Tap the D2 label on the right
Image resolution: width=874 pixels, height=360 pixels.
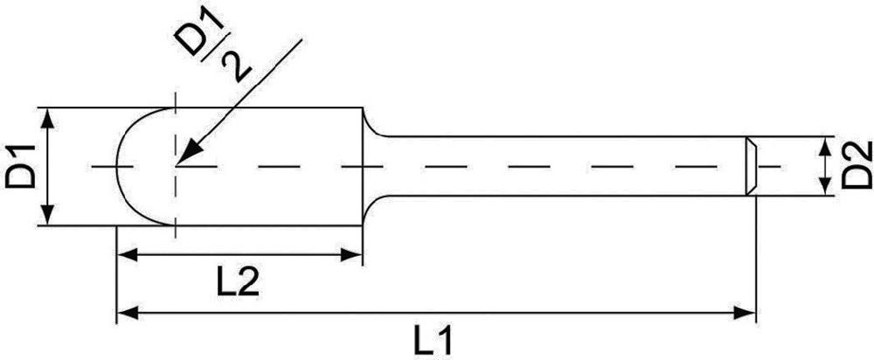(858, 164)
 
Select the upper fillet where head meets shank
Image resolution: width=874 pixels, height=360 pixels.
(371, 128)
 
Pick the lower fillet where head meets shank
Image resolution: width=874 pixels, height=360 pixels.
(371, 204)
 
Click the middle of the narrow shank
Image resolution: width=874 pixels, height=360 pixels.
(559, 165)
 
